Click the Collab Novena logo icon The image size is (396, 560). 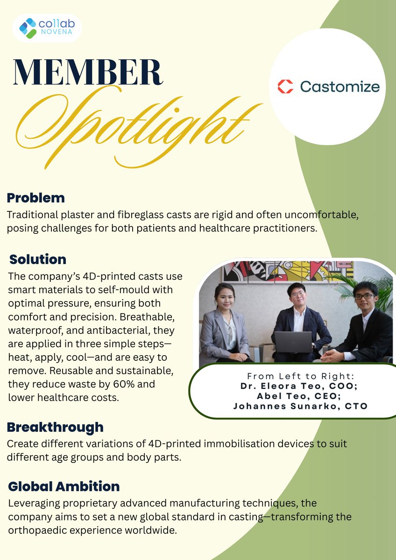pyautogui.click(x=28, y=28)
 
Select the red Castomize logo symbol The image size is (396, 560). pyautogui.click(x=285, y=86)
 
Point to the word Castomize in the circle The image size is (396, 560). pyautogui.click(x=339, y=86)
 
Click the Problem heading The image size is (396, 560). pyautogui.click(x=35, y=198)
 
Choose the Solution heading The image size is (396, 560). pyautogui.click(x=38, y=259)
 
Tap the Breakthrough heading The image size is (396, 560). pyautogui.click(x=55, y=427)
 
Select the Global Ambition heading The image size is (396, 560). pyautogui.click(x=64, y=487)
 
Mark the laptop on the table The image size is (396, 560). pyautogui.click(x=293, y=342)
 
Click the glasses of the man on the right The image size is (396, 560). pyautogui.click(x=364, y=296)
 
